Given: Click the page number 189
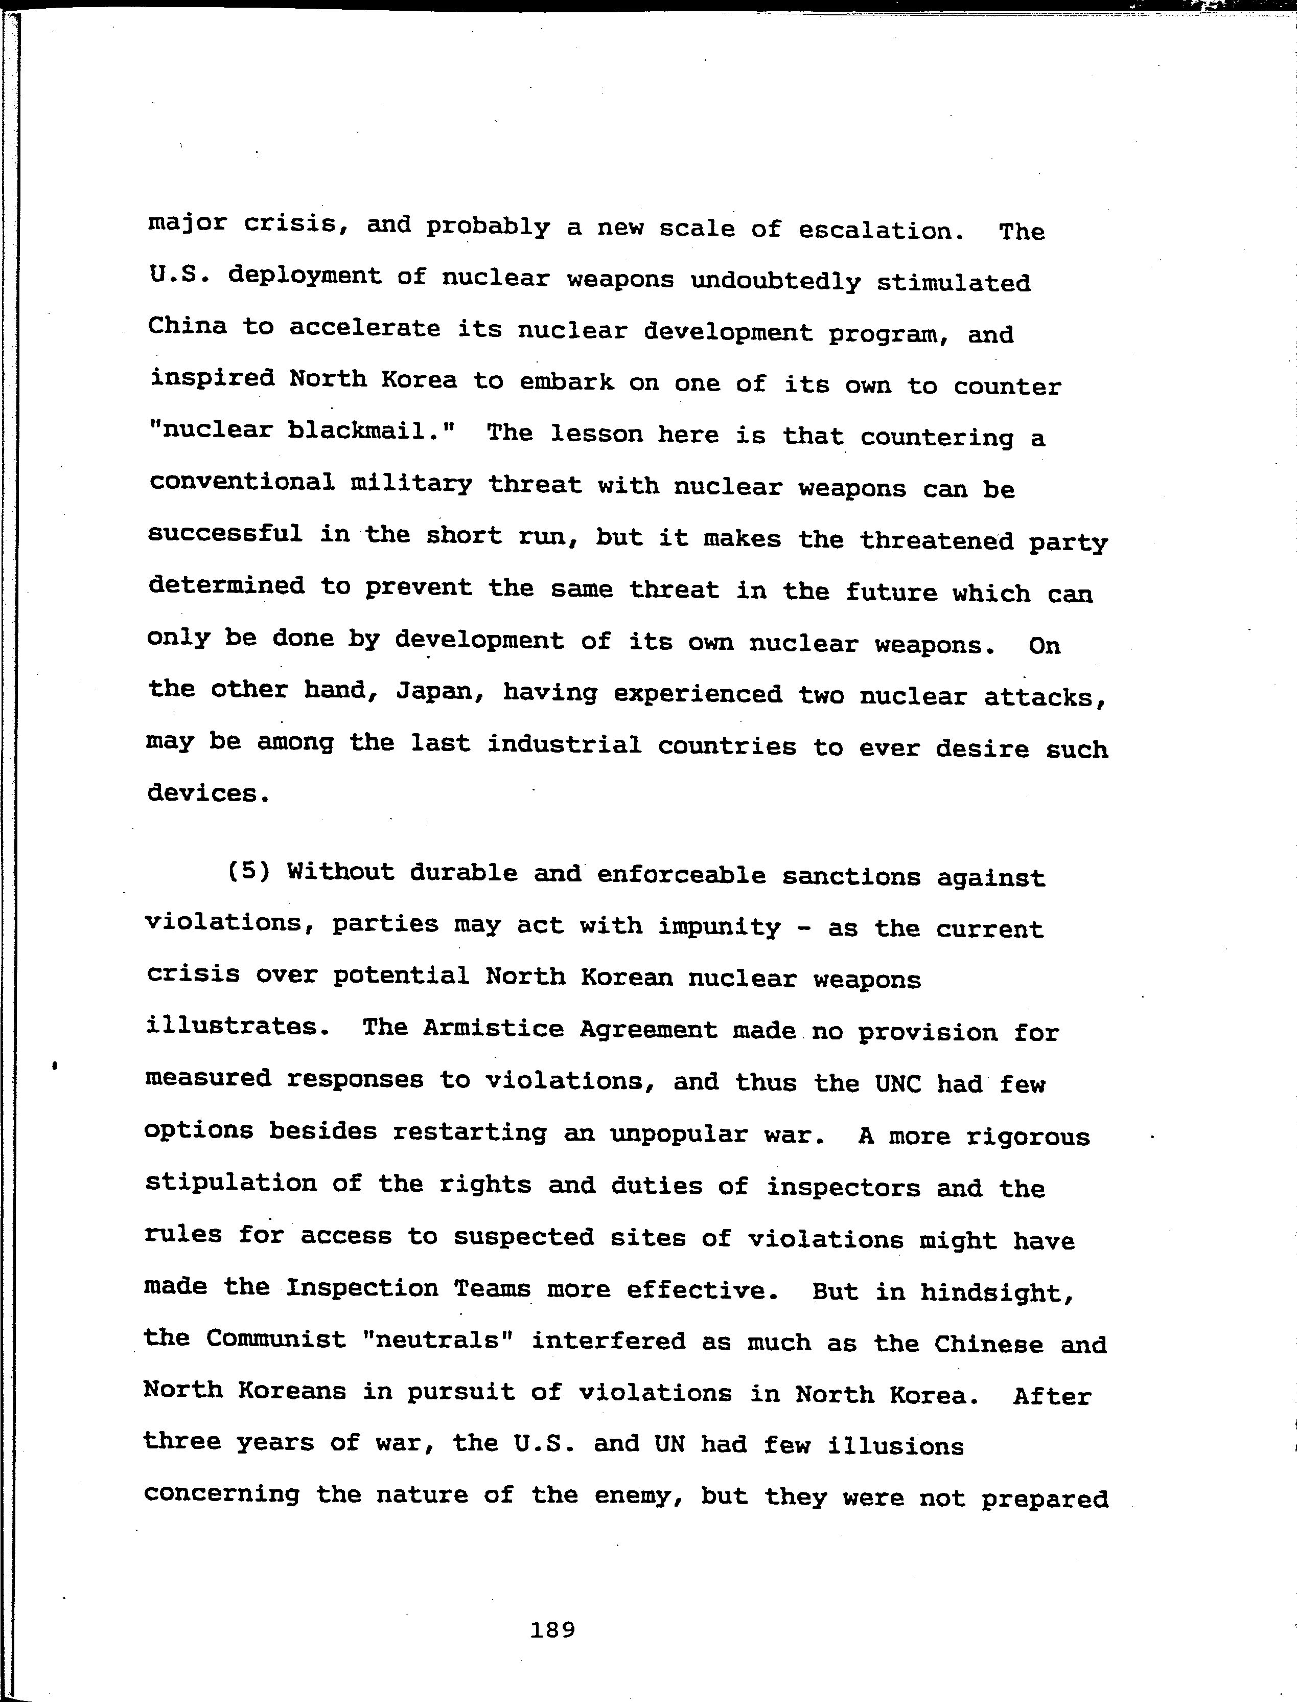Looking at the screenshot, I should click(x=553, y=1630).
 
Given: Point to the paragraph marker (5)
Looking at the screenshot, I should click(x=248, y=872).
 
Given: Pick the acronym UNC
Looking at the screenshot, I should click(x=898, y=1083).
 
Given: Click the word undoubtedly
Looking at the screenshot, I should click(x=775, y=281).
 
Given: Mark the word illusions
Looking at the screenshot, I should click(x=895, y=1445).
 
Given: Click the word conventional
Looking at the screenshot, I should click(x=242, y=482).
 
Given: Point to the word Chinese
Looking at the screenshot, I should click(x=989, y=1344).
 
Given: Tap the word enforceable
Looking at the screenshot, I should click(x=681, y=875).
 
